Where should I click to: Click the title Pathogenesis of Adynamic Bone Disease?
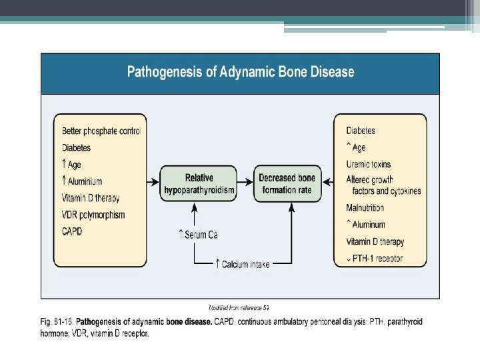pyautogui.click(x=241, y=72)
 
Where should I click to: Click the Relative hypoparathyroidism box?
pyautogui.click(x=199, y=185)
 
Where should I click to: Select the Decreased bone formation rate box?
pyautogui.click(x=287, y=185)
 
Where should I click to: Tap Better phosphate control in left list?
pyautogui.click(x=101, y=131)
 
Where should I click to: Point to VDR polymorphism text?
pyautogui.click(x=93, y=215)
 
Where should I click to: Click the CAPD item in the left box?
pyautogui.click(x=73, y=231)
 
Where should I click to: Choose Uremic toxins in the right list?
pyautogui.click(x=369, y=164)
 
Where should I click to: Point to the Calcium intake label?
pyautogui.click(x=245, y=264)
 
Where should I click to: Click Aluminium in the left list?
pyautogui.click(x=85, y=181)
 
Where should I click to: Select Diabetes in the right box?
pyautogui.click(x=361, y=131)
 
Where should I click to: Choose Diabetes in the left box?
pyautogui.click(x=76, y=147)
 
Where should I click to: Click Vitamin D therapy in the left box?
pyautogui.click(x=91, y=198)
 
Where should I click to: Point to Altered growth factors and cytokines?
pyautogui.click(x=383, y=185)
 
